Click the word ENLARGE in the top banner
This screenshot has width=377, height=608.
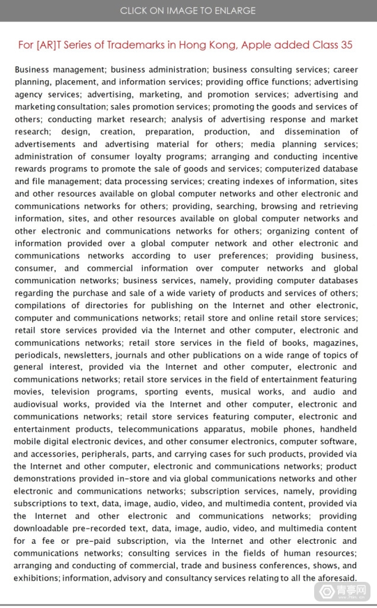(x=234, y=10)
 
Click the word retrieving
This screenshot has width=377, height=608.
(x=336, y=206)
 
